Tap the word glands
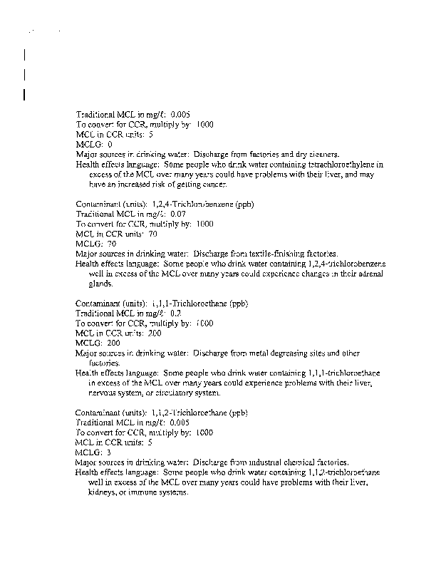point(100,284)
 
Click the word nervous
point(103,393)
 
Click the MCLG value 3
point(108,452)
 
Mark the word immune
point(147,493)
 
